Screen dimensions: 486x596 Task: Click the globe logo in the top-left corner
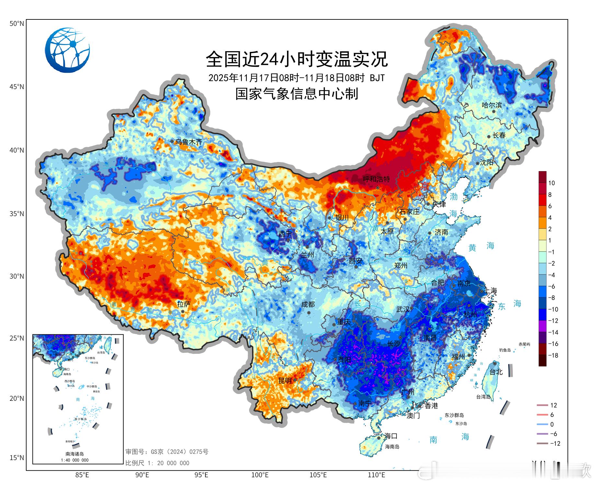[x=67, y=50]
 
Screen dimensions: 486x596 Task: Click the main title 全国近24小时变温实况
[x=296, y=59]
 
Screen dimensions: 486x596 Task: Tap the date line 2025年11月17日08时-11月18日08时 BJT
[x=296, y=78]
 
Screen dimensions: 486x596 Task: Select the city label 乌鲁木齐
[x=189, y=142]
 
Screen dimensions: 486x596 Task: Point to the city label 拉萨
[x=184, y=304]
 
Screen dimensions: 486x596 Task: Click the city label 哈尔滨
[x=492, y=105]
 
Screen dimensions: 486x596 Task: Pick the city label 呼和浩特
[x=376, y=179]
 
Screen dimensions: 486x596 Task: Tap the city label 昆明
[x=285, y=381]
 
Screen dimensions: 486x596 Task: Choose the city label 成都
[x=308, y=305]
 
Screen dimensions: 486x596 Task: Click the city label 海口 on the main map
[x=391, y=436]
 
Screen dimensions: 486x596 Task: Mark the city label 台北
[x=496, y=372]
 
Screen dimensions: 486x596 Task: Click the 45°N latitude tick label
[x=17, y=87]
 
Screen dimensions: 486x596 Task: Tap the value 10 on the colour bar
[x=551, y=183]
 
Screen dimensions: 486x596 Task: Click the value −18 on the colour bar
[x=553, y=355]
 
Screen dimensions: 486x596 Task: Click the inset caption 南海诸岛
[x=75, y=454]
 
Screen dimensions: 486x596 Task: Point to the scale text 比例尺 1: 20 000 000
[x=157, y=463]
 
